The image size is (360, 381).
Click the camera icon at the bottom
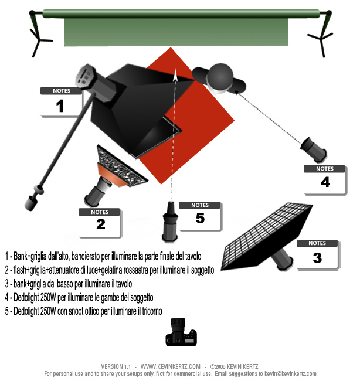click(x=181, y=332)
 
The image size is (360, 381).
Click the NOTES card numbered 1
click(x=61, y=102)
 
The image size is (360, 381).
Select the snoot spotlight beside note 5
click(x=170, y=223)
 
